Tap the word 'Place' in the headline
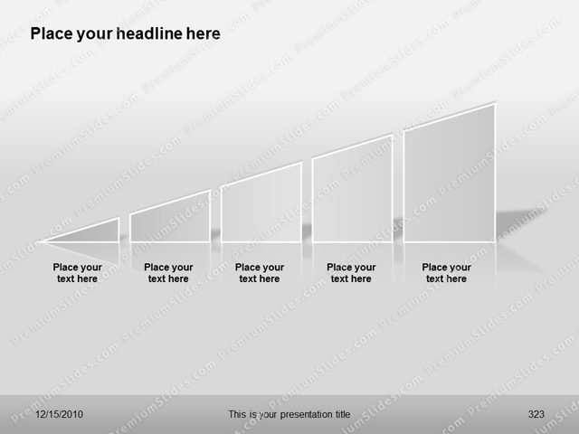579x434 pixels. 51,34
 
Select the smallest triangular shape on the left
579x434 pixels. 95,232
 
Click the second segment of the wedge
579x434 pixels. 170,221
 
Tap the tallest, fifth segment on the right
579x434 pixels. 449,179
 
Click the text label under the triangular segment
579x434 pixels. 78,273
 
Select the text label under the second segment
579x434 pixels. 168,273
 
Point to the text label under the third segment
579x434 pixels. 260,273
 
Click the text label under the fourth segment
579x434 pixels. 351,273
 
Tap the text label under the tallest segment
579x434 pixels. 446,273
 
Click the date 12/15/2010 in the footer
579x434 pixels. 60,414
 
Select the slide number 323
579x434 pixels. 536,414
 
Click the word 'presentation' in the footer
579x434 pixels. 298,414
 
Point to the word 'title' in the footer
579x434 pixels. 340,414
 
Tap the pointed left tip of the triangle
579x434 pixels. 43,241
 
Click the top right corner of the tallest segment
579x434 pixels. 495,104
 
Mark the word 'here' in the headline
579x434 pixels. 202,34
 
